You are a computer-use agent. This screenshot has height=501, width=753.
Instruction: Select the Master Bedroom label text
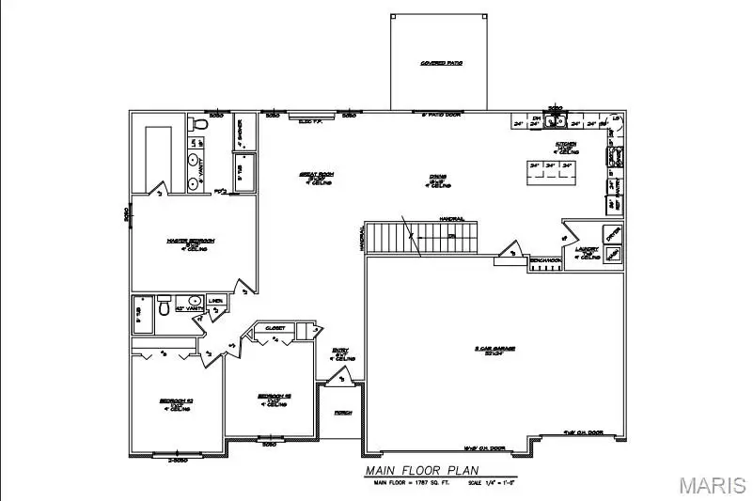point(191,243)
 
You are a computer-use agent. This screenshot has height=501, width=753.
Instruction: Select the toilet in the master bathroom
point(197,124)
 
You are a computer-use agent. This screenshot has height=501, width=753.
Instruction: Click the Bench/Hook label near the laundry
point(545,259)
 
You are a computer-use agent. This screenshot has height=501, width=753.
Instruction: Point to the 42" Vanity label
point(189,307)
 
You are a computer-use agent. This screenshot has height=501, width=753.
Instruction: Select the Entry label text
point(342,355)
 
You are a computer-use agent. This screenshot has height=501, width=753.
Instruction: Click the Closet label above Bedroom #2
point(275,329)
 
